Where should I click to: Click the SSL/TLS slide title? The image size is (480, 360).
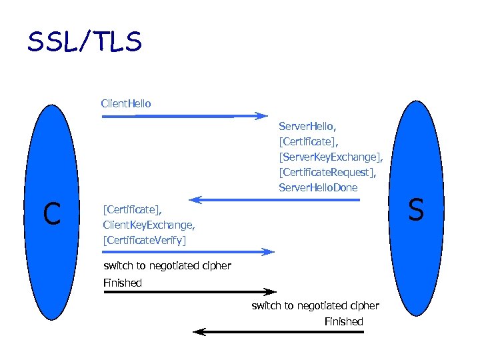[84, 42]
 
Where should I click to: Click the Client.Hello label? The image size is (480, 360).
[126, 103]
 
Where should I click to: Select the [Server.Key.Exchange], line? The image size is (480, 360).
[331, 157]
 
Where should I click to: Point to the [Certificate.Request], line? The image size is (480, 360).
[327, 172]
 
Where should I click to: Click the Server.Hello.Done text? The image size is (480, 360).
[318, 187]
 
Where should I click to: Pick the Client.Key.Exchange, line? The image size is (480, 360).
[149, 224]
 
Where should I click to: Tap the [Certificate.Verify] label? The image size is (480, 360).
[145, 239]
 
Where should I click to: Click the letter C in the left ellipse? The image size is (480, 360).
[51, 213]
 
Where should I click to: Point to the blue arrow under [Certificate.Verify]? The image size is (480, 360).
[187, 252]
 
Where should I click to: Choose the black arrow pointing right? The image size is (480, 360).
[189, 291]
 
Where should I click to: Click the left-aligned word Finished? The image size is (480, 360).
[123, 283]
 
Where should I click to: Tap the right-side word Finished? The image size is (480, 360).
[343, 322]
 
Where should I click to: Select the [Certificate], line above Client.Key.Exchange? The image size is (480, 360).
[132, 209]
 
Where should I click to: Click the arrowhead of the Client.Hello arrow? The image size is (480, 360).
[261, 116]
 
